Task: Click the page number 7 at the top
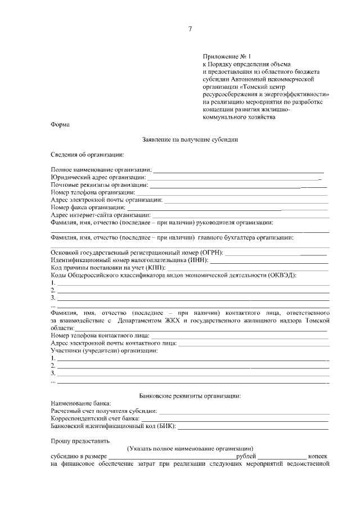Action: [190, 29]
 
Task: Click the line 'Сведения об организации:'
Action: [87, 154]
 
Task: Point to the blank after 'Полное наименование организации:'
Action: [238, 169]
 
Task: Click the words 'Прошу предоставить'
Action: [80, 441]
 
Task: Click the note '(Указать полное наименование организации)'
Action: [190, 448]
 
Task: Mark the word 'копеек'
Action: [317, 456]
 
